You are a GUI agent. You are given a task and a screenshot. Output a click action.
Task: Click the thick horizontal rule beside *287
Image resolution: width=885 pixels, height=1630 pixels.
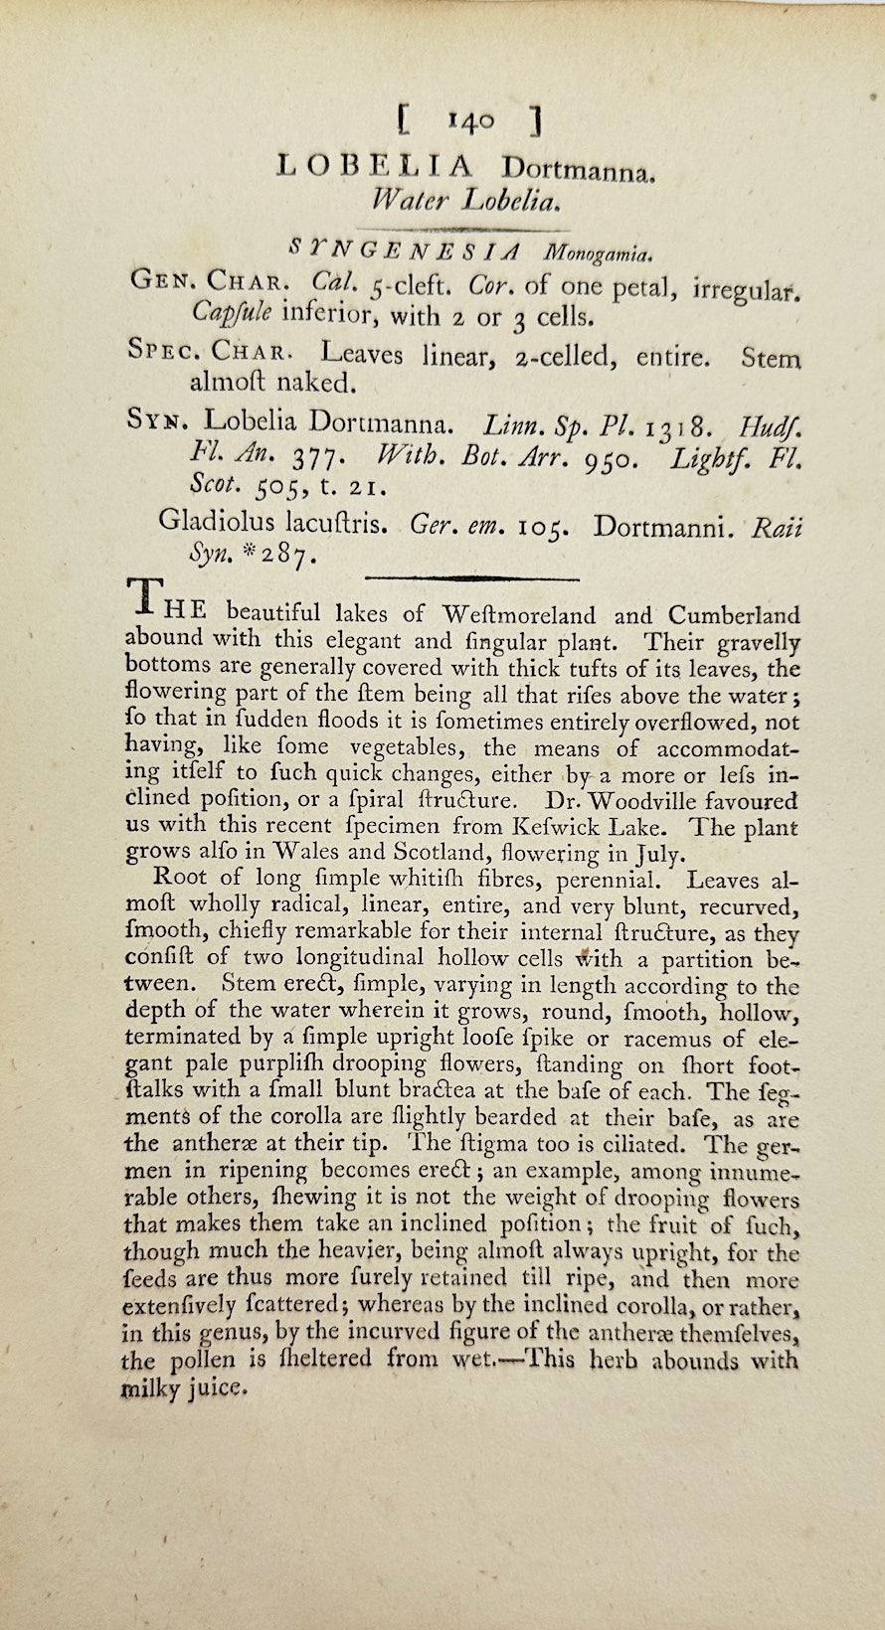pos(473,576)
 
